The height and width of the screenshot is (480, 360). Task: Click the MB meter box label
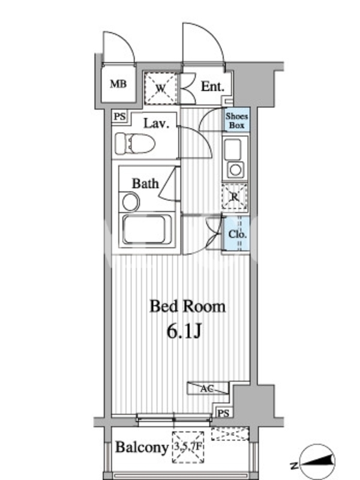point(118,83)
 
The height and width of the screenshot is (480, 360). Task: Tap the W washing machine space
point(161,88)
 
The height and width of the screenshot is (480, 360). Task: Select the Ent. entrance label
point(212,86)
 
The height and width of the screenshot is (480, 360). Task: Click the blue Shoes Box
point(236,121)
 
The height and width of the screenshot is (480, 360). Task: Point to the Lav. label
point(157,123)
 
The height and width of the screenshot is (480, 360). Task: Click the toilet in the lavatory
point(135,143)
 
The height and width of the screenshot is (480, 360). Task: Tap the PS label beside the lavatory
point(119,116)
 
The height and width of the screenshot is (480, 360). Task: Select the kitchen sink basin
point(233,149)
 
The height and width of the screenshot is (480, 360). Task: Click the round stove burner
point(235,170)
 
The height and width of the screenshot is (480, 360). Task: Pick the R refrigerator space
point(234,196)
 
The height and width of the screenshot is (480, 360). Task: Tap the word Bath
point(145,184)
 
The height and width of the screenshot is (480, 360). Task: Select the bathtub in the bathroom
point(147,229)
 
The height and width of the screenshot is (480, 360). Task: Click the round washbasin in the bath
point(131,202)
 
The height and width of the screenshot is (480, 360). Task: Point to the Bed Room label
point(187,307)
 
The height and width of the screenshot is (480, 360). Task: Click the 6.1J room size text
point(184,331)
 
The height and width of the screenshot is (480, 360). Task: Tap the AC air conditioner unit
point(208,388)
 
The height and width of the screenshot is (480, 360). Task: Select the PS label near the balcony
point(223,413)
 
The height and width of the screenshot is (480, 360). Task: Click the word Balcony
point(142,448)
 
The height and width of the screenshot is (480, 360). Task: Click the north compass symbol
point(317,461)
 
